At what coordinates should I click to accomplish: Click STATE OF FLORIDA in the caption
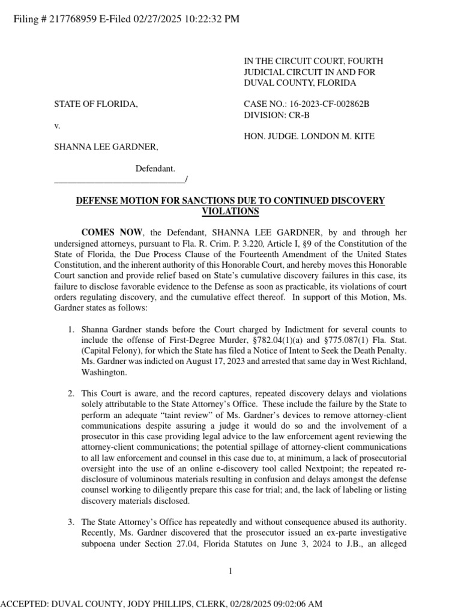click(x=96, y=104)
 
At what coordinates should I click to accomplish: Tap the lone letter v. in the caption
click(x=57, y=126)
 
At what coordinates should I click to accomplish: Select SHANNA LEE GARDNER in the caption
click(x=106, y=147)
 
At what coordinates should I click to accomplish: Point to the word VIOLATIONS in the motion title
click(x=230, y=211)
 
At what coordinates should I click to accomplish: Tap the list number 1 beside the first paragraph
click(x=70, y=330)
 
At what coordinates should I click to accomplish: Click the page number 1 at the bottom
click(x=230, y=571)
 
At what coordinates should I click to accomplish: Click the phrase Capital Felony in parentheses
click(x=109, y=351)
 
